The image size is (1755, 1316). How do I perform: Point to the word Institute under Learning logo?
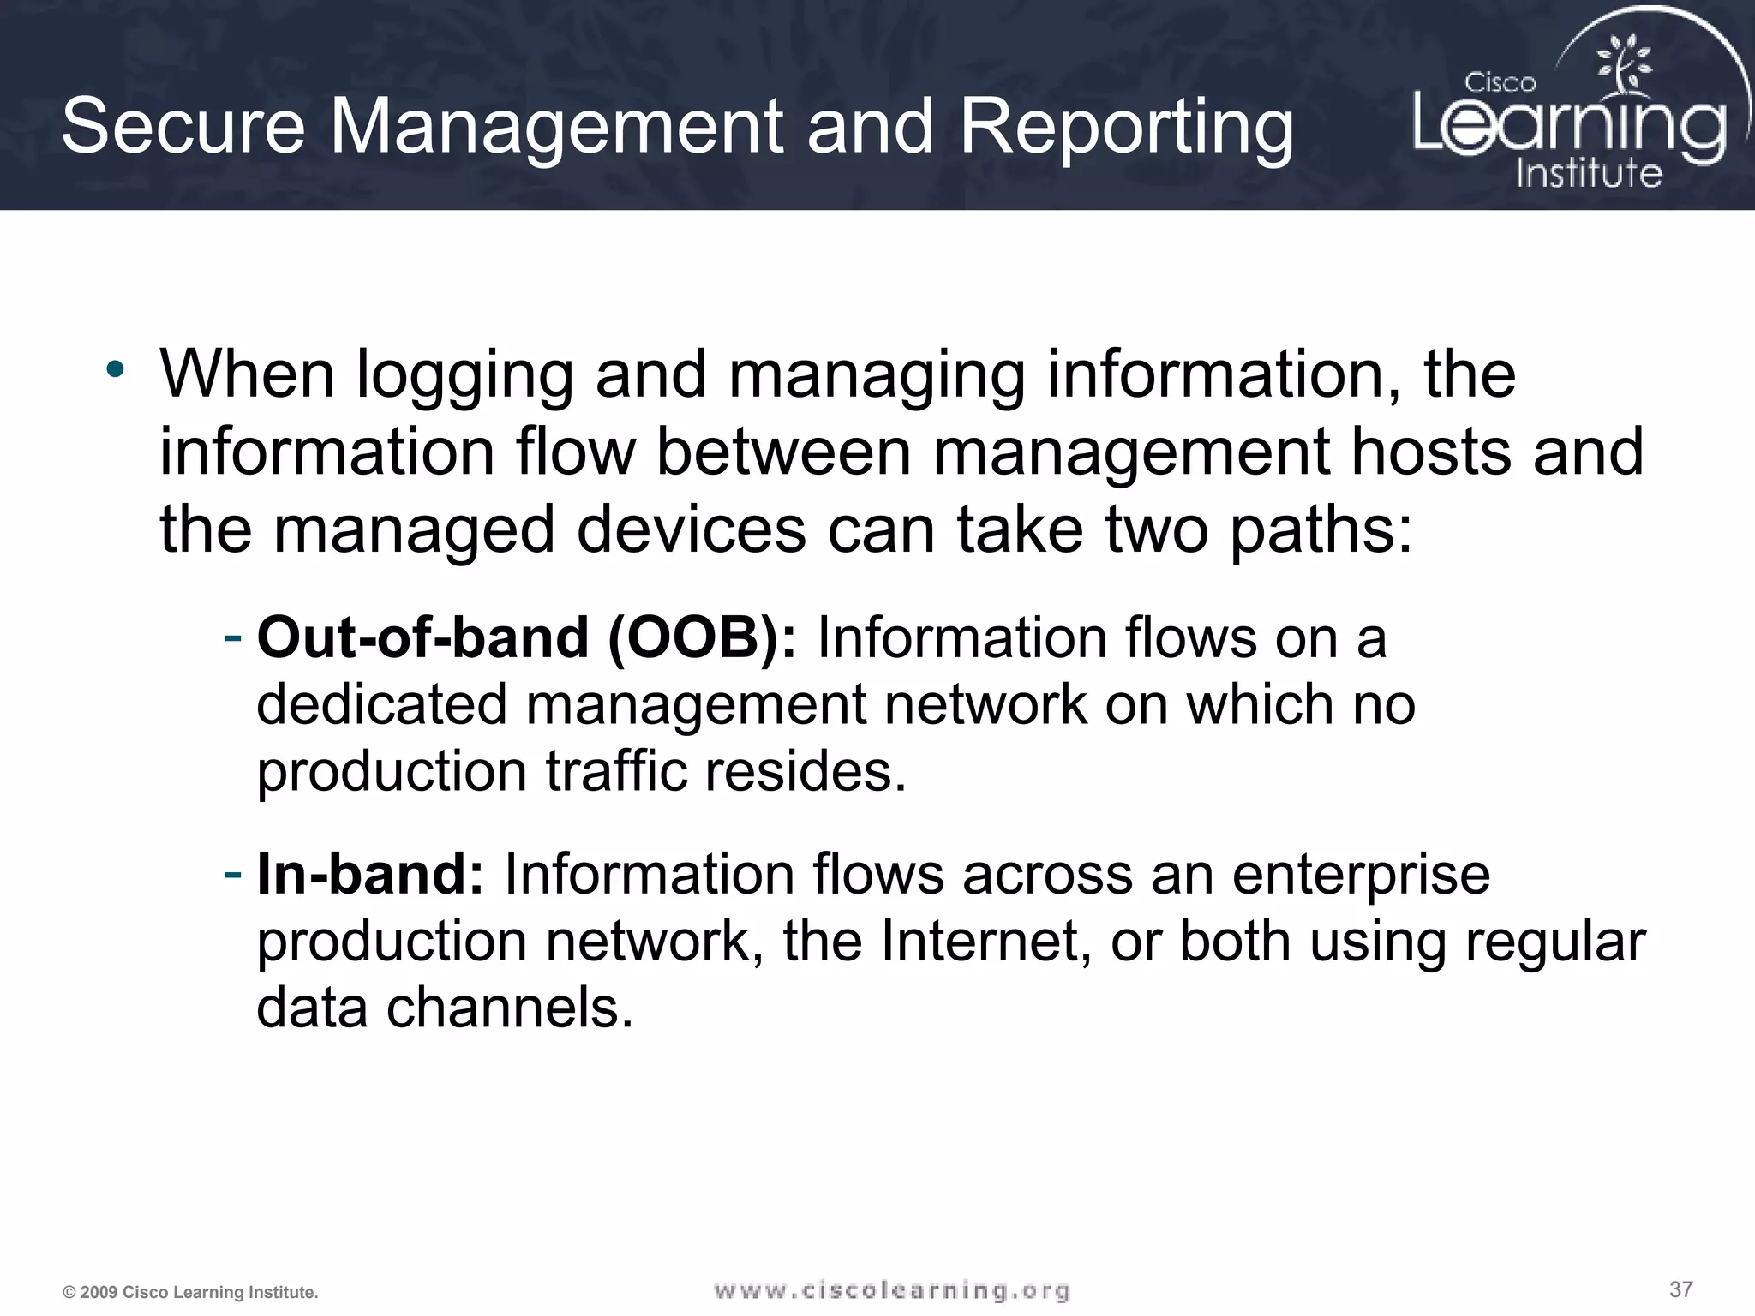click(x=1589, y=173)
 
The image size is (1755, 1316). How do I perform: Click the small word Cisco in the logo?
click(x=1500, y=83)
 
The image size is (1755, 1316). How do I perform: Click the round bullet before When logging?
click(x=116, y=370)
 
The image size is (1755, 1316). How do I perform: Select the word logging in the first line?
click(x=464, y=377)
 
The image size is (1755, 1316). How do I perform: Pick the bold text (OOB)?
click(x=702, y=638)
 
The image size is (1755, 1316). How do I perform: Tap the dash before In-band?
click(x=232, y=873)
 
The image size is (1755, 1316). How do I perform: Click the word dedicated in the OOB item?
click(x=382, y=704)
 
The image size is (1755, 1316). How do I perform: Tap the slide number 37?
click(x=1680, y=1289)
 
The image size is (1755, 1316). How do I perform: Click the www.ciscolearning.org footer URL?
click(x=891, y=1290)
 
